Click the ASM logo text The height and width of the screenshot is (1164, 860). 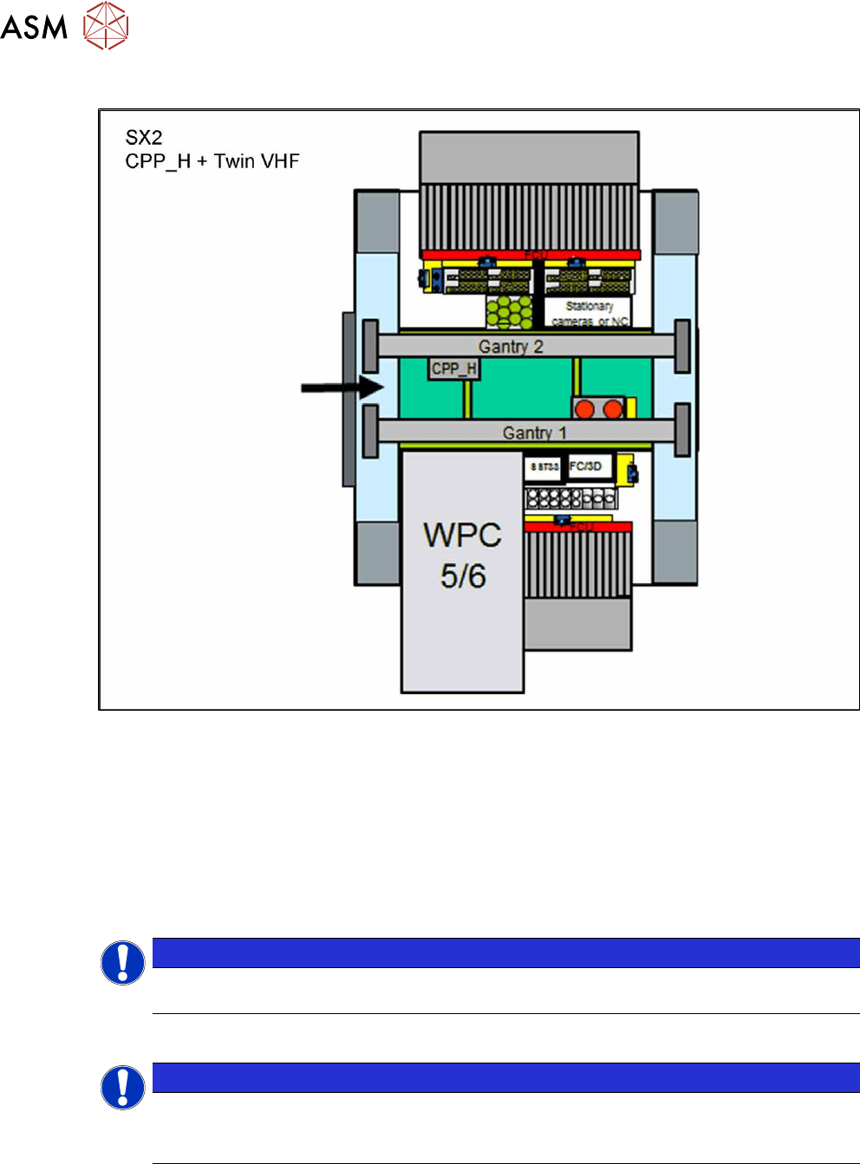click(34, 27)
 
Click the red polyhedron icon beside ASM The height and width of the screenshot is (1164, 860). click(106, 25)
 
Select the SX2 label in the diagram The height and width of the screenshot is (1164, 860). click(144, 138)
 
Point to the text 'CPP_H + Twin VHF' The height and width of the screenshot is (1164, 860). click(212, 161)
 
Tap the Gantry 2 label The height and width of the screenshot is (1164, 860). click(511, 347)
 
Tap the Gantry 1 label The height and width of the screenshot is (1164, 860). click(534, 432)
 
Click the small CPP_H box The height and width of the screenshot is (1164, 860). click(454, 369)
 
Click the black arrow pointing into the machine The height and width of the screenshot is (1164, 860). click(342, 387)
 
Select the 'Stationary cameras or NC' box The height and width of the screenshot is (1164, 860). click(589, 313)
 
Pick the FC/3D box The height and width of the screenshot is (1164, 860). click(587, 466)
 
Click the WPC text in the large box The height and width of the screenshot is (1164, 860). click(462, 535)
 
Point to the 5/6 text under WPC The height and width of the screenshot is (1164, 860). click(462, 576)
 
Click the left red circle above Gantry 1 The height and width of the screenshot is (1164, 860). click(585, 408)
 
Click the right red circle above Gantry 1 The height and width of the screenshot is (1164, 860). click(613, 408)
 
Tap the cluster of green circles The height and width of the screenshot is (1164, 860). click(509, 312)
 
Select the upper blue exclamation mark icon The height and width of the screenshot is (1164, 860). click(123, 963)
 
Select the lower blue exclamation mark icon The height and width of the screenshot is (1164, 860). click(123, 1088)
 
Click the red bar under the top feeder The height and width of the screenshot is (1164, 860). click(531, 255)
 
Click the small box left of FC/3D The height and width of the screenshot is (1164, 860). click(544, 467)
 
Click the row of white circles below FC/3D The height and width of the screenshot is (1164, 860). click(571, 498)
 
